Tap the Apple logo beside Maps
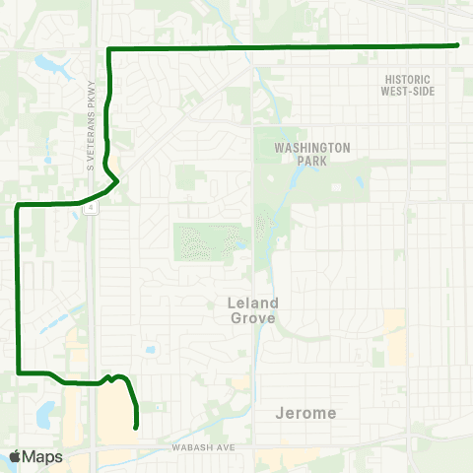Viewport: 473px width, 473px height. (x=15, y=456)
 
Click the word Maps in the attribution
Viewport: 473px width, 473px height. (x=43, y=456)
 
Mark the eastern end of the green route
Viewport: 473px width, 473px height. (x=458, y=45)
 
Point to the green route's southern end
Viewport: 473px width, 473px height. (x=134, y=427)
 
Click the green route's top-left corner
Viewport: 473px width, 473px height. (x=107, y=49)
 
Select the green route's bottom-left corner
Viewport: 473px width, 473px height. (x=19, y=372)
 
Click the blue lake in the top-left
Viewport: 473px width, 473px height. (x=46, y=67)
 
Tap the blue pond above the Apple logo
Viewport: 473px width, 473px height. (x=44, y=414)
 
